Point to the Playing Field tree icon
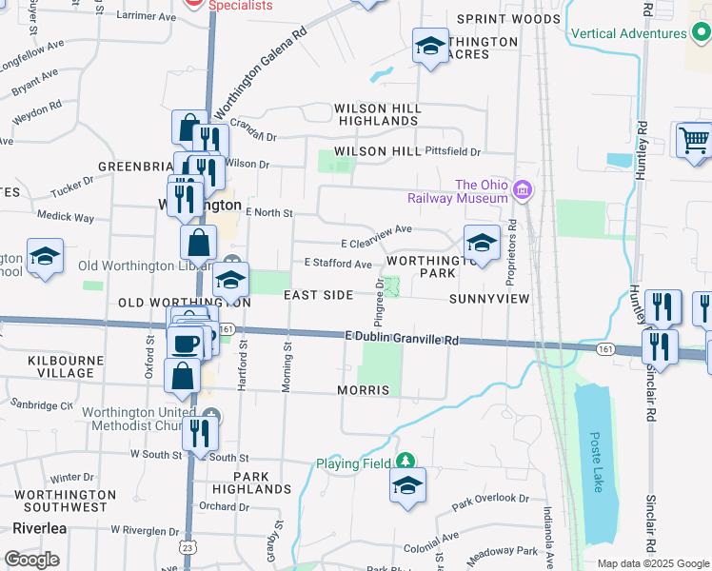point(406,463)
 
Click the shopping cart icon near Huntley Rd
point(694,142)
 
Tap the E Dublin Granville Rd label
point(402,339)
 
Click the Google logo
point(31,560)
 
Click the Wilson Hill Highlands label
point(378,115)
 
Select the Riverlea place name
point(35,528)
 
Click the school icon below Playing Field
point(406,488)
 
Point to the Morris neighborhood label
point(364,391)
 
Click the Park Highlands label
point(251,482)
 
